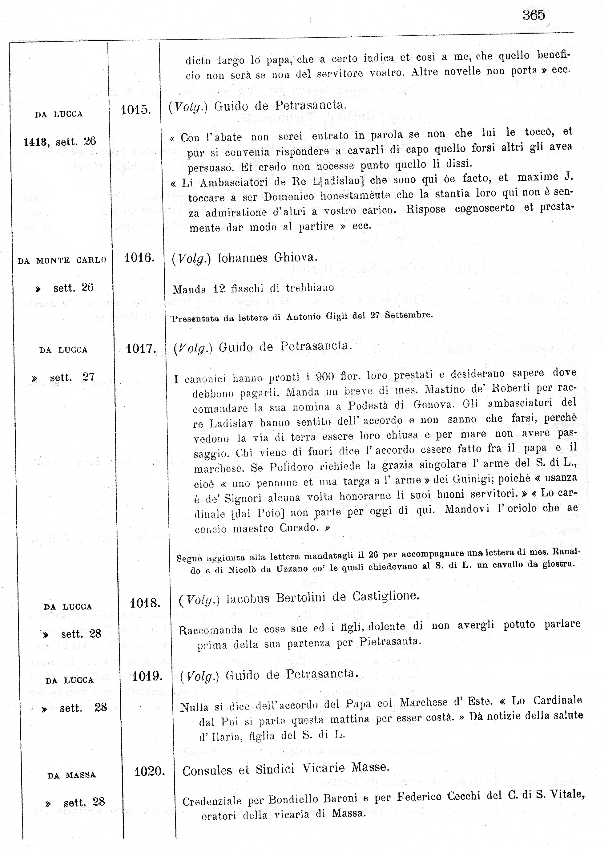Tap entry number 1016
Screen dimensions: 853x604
click(139, 257)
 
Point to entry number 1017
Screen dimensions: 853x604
click(141, 349)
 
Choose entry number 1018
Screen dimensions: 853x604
click(145, 603)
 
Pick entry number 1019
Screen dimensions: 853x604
click(147, 676)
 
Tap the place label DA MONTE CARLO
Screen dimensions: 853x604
click(62, 261)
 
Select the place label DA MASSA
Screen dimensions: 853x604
click(72, 775)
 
